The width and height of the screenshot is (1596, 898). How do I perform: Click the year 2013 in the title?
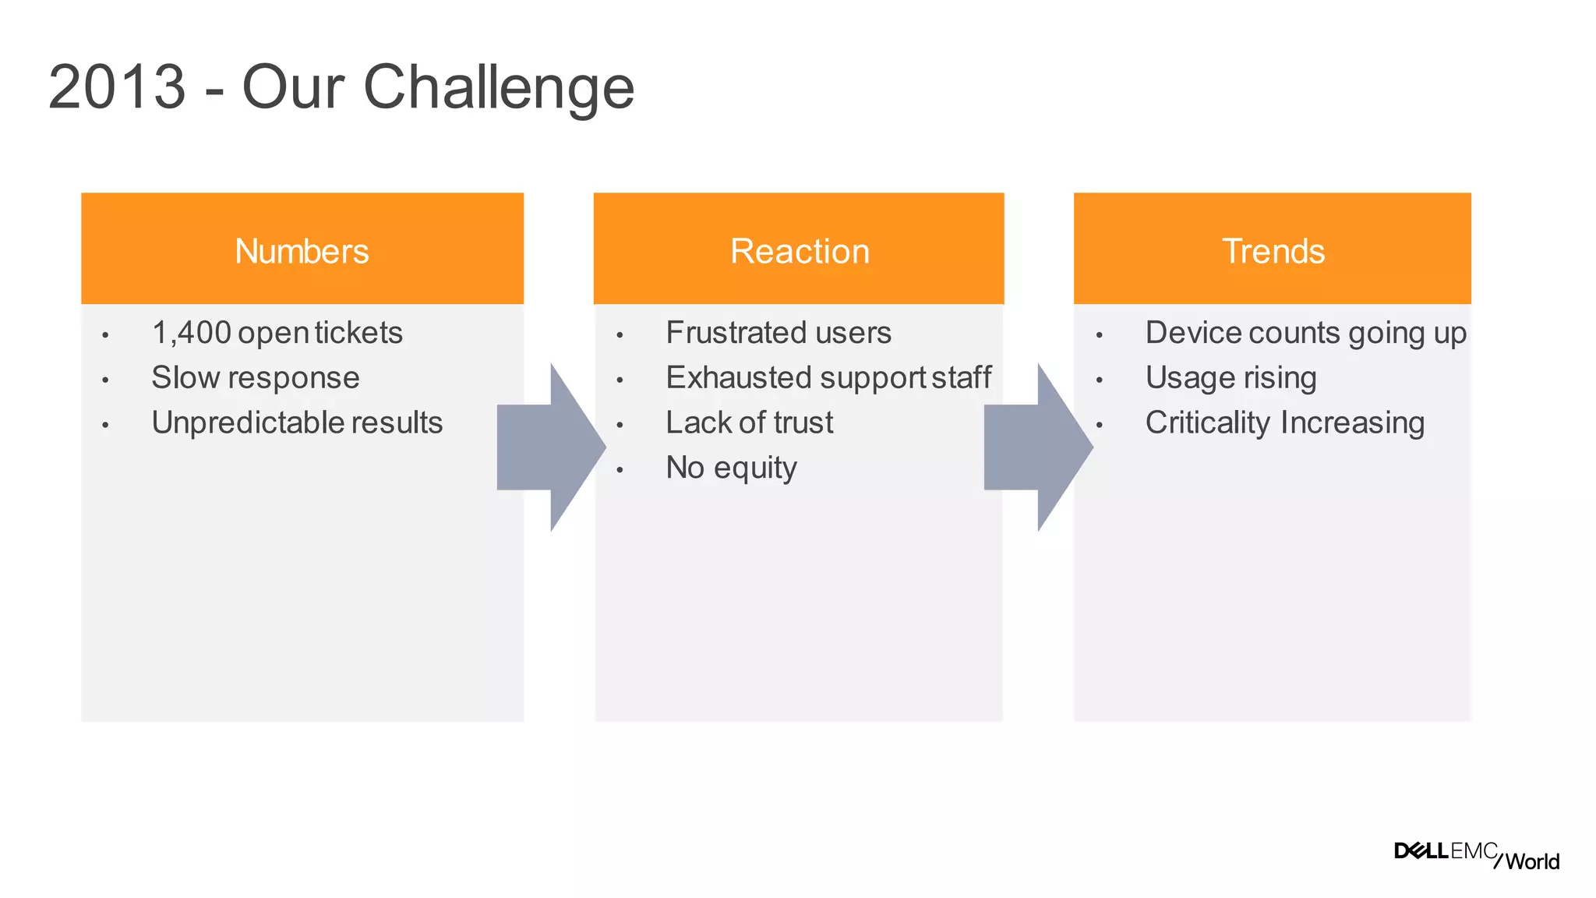click(x=117, y=87)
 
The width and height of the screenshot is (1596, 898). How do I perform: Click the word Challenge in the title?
click(x=499, y=88)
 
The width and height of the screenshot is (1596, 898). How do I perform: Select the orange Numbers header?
click(x=302, y=249)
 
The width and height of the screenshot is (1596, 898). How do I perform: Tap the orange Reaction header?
click(x=799, y=249)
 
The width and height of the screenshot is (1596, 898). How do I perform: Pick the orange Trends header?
click(x=1273, y=249)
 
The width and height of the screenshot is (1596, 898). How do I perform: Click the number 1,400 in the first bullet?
click(x=192, y=333)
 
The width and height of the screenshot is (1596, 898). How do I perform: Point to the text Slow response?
click(x=256, y=378)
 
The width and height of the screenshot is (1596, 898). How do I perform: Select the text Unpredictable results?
click(x=297, y=423)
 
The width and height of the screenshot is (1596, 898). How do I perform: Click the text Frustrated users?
click(x=778, y=333)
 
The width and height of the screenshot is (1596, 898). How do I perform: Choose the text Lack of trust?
click(x=749, y=423)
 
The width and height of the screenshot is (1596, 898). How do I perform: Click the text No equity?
click(x=731, y=468)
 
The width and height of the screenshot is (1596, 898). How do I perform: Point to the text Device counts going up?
click(x=1305, y=333)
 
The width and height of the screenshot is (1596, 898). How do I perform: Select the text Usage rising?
click(x=1231, y=378)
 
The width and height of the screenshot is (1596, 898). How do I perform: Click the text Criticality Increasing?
click(x=1284, y=423)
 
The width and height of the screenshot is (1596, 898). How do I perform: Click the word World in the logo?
click(x=1532, y=861)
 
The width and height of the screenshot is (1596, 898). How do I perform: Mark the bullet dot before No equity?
click(x=620, y=470)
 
